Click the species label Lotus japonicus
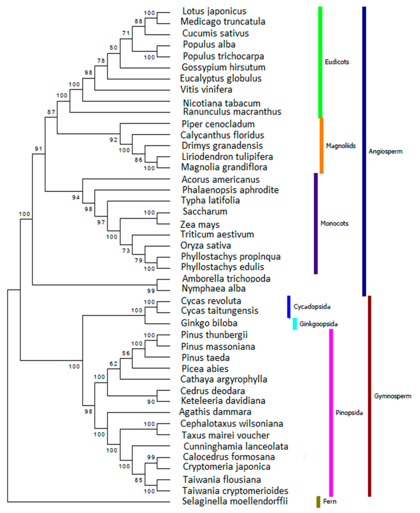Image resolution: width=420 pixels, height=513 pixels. point(214,11)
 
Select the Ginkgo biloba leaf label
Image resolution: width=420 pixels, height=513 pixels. point(209,323)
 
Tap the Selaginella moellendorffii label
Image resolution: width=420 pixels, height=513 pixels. point(235,501)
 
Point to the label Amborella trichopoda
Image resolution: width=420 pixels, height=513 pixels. point(226,279)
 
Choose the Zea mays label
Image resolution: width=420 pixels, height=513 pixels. point(200,224)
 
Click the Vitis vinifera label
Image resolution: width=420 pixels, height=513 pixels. point(206,89)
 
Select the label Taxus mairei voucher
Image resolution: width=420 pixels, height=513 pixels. point(225,435)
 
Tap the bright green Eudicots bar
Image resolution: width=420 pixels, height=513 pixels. point(320,62)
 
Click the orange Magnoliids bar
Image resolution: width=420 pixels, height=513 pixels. point(322,145)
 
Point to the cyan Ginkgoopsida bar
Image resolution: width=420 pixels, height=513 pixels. point(294,323)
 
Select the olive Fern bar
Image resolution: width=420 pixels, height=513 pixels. point(318,502)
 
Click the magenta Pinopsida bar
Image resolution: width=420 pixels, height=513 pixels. point(331,412)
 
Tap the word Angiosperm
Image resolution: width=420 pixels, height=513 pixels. point(385,151)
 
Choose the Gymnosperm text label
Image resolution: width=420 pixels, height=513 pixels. point(393,396)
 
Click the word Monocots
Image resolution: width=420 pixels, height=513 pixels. point(334,224)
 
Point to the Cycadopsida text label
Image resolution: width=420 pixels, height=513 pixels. point(312,307)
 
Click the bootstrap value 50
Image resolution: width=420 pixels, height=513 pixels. point(113,48)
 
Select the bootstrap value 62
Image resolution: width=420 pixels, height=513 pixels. point(113,364)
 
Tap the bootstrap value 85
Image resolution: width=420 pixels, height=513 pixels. point(138,479)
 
